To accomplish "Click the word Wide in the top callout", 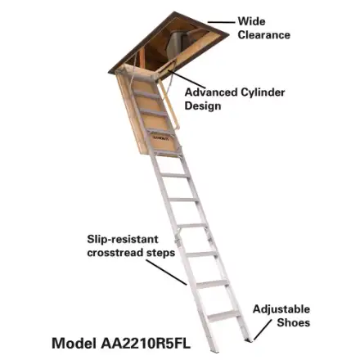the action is pos(251,21).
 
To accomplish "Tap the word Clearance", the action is pos(263,35).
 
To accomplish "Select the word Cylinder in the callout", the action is pos(263,92).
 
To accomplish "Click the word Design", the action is pos(203,106).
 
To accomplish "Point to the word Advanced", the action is pos(211,92).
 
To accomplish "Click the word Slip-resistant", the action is pos(123,239).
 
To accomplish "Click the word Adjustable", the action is pos(281,309).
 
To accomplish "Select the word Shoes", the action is pos(294,323).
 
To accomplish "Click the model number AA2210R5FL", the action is pos(146,344).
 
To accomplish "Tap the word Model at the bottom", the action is pos(74,344).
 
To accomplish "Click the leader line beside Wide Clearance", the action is pos(221,22).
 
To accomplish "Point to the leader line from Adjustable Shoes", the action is pos(263,330).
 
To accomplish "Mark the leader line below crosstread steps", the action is pos(166,272).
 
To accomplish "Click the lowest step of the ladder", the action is pos(223,316).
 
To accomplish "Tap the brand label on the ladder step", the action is pos(161,138).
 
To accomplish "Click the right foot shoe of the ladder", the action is pos(248,340).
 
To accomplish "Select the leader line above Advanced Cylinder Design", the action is pos(187,79).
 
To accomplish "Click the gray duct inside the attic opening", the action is pos(178,43).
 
